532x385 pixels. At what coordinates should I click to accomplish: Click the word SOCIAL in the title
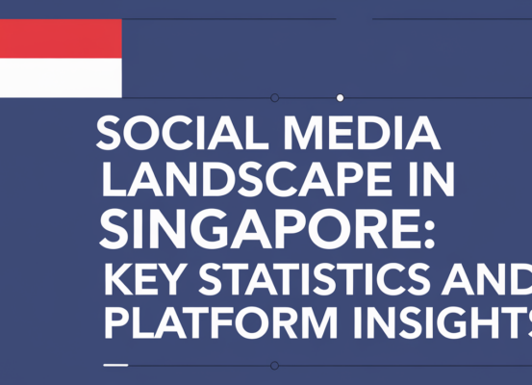point(164,135)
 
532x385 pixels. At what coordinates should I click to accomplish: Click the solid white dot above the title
point(340,98)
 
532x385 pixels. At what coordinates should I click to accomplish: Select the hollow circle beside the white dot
point(275,98)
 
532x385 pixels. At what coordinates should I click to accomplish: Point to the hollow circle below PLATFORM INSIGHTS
point(275,366)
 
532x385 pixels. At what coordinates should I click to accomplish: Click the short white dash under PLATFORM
point(114,365)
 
